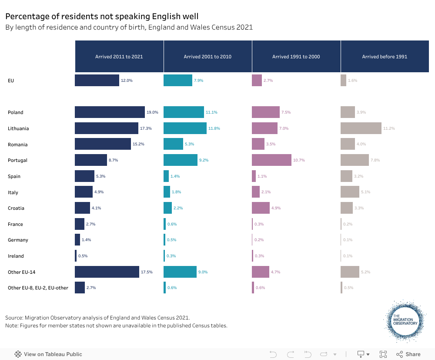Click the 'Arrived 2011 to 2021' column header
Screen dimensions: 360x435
click(x=119, y=57)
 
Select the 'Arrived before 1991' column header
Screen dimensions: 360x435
click(x=385, y=57)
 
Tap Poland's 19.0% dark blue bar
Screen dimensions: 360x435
click(x=110, y=112)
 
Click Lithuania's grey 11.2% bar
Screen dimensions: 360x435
click(x=361, y=128)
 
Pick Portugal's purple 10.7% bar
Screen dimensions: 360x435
click(x=271, y=160)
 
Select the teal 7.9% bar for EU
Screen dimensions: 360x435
click(x=177, y=81)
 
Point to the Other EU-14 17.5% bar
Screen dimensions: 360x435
click(x=107, y=272)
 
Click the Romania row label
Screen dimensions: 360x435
click(x=17, y=145)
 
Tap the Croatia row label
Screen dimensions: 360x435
click(x=16, y=208)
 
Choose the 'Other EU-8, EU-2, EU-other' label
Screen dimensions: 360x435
click(x=38, y=288)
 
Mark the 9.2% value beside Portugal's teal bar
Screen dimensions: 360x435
click(x=204, y=160)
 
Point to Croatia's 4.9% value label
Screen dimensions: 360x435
click(x=276, y=208)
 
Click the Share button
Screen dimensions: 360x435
click(x=408, y=354)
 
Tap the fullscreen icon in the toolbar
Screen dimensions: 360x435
click(x=383, y=354)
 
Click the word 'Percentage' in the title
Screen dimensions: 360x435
click(x=25, y=17)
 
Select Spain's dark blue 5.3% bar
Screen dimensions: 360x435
click(x=84, y=176)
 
